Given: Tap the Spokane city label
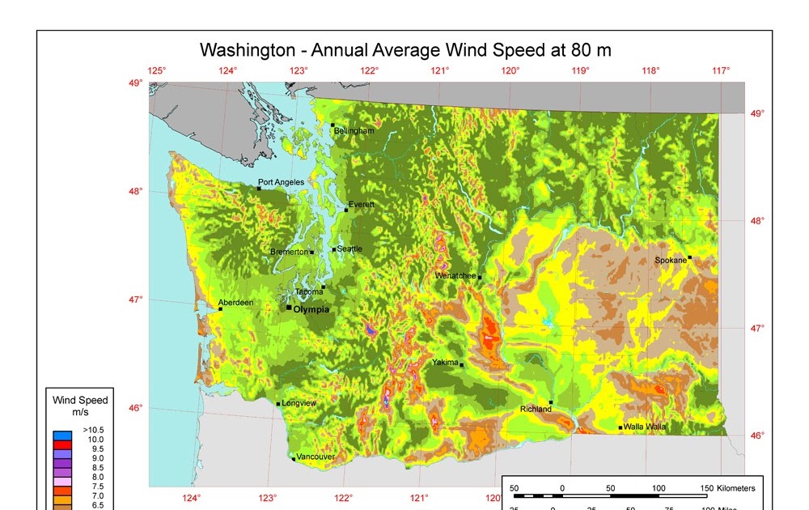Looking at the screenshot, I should click(671, 261).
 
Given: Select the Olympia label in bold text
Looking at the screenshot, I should click(312, 309).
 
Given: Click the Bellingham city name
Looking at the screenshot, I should click(354, 131).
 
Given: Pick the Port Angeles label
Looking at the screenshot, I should click(281, 182).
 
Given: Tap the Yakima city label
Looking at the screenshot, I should click(445, 363).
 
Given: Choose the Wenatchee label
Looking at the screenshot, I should click(455, 276).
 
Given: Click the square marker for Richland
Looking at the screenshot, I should click(551, 402).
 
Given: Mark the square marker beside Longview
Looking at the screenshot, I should click(278, 404).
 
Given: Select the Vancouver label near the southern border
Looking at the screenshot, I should click(316, 457).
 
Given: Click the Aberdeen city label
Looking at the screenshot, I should click(236, 303).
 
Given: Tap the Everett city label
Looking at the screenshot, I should click(362, 205).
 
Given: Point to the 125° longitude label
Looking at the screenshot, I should click(156, 71).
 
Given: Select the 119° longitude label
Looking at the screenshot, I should click(580, 71).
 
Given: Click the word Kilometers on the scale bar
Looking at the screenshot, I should click(733, 488).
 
